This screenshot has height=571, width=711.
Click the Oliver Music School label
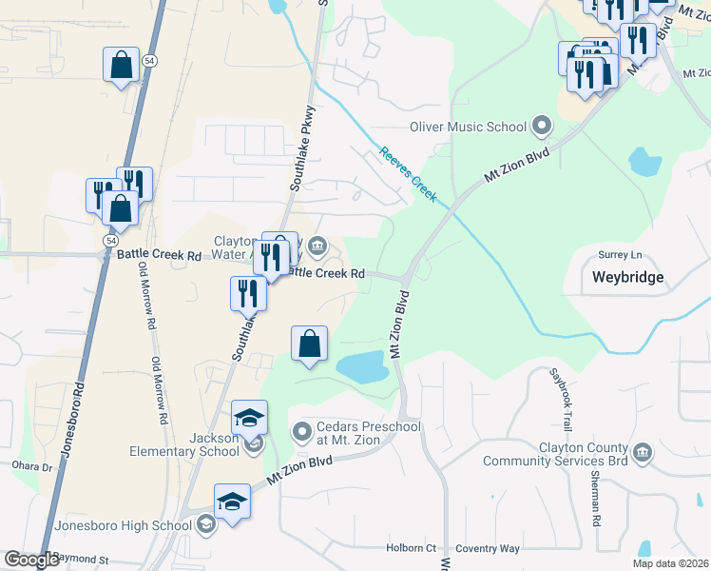tap(468, 127)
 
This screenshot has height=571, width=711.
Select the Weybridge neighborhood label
tap(626, 278)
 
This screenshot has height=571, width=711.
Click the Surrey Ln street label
tap(620, 255)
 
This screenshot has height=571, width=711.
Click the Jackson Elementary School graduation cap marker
tap(250, 419)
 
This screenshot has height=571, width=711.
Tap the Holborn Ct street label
tap(411, 548)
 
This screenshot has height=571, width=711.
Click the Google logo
tap(31, 560)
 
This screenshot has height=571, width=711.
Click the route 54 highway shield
tap(149, 59)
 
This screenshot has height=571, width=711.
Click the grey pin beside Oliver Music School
tap(542, 126)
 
